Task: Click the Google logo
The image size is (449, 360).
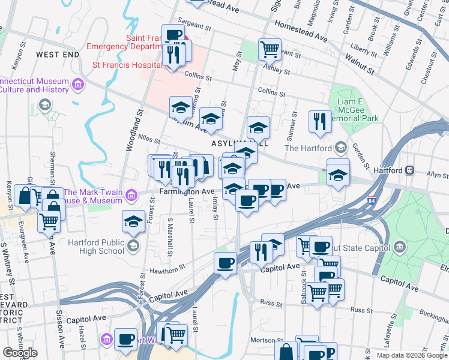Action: (20, 352)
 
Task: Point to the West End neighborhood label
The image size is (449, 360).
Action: (58, 55)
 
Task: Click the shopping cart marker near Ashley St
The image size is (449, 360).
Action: (270, 49)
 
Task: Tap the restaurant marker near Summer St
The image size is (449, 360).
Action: (319, 121)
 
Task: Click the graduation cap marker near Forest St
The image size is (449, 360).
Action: (133, 221)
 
